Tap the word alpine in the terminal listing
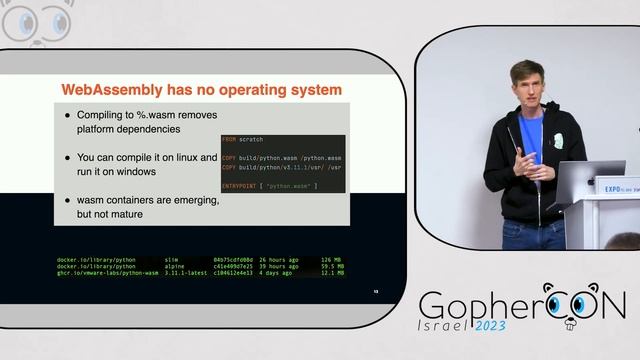coord(178,267)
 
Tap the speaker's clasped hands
coord(532,162)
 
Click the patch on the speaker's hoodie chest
coord(556,140)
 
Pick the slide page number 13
coord(376,292)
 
